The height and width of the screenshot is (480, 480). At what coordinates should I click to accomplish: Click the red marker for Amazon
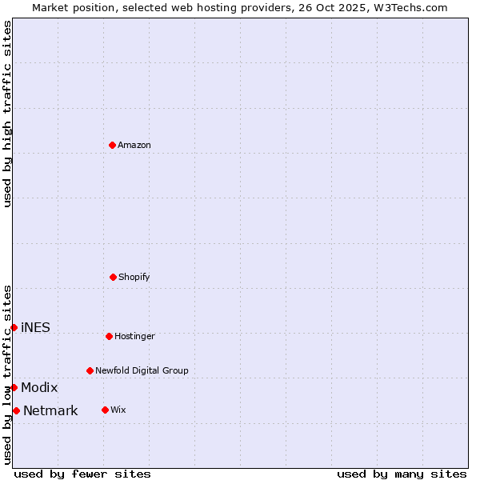[x=112, y=145]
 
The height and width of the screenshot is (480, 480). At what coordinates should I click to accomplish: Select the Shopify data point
[x=113, y=277]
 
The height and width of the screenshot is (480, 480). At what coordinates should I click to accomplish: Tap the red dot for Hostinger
[x=109, y=336]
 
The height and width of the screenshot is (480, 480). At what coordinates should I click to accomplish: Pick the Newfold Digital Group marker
[x=90, y=370]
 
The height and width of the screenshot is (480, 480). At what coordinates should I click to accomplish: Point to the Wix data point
[x=105, y=410]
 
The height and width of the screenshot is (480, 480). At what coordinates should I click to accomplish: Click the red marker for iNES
[x=14, y=327]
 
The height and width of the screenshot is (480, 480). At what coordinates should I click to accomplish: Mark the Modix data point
[x=14, y=387]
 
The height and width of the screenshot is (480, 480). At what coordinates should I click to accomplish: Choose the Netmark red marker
[x=16, y=410]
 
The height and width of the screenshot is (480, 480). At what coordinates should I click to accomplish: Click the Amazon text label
[x=134, y=145]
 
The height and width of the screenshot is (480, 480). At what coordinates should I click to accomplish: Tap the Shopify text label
[x=134, y=277]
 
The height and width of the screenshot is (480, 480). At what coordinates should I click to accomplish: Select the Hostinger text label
[x=134, y=336]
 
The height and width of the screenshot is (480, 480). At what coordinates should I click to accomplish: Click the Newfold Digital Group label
[x=142, y=370]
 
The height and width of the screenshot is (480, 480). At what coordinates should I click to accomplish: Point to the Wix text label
[x=118, y=410]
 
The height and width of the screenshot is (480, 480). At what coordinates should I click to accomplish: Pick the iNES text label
[x=35, y=327]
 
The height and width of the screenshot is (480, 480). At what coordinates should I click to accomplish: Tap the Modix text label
[x=39, y=387]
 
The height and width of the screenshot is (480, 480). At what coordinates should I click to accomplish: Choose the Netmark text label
[x=50, y=411]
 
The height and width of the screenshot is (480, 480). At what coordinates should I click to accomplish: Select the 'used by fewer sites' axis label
[x=82, y=474]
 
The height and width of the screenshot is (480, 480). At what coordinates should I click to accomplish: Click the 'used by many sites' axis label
[x=402, y=474]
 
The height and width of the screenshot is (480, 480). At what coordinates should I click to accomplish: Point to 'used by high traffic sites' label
[x=7, y=114]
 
